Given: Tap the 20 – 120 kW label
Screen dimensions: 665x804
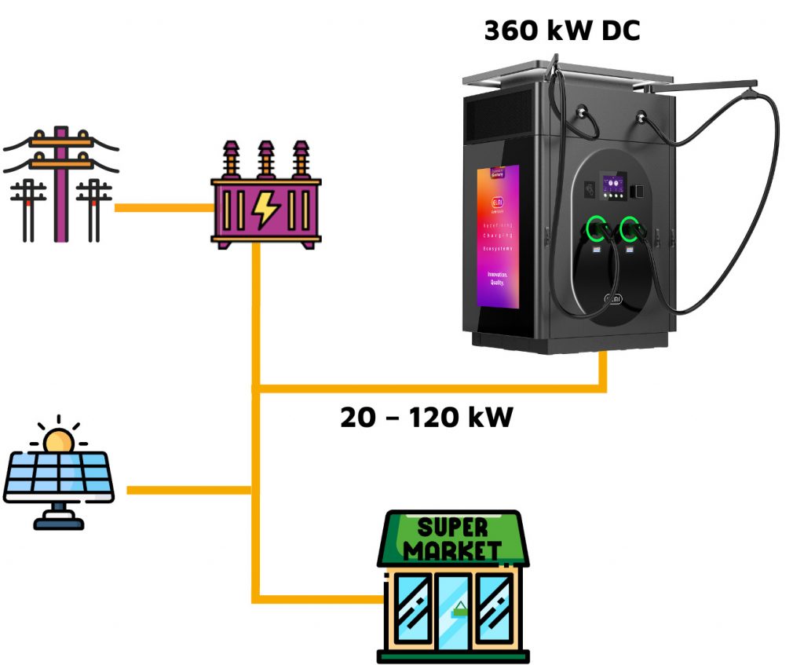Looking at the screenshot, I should coord(426,417).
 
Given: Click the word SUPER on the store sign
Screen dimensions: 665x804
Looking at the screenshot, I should coord(452,528).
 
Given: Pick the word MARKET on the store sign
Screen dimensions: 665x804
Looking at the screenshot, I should coord(452,550).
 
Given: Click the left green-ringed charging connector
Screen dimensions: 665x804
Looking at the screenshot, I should coord(594,229).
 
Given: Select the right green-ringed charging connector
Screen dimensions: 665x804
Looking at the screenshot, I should coord(630,229).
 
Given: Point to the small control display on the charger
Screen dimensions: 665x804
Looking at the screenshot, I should coord(613,187).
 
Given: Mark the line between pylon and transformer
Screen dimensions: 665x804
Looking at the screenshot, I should coord(163,208).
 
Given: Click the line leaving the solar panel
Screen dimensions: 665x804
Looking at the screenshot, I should coord(188,490).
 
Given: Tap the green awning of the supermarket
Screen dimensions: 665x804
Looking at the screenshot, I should coord(452,539).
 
